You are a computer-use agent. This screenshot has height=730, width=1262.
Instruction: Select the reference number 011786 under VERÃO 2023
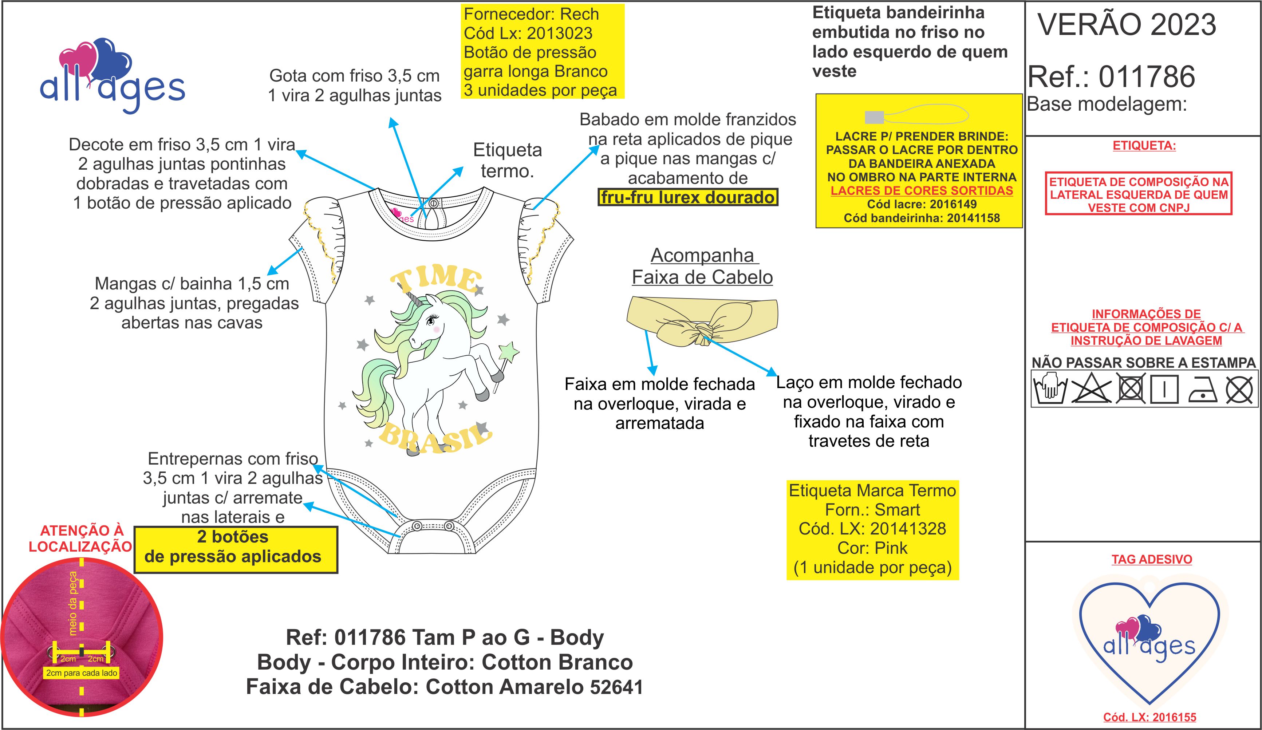pos(1147,76)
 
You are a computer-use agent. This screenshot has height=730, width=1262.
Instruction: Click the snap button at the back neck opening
pos(434,204)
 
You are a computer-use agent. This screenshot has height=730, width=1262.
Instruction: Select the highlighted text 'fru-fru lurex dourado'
pos(687,197)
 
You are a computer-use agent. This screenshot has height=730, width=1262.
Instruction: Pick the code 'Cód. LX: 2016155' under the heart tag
pos(1149,717)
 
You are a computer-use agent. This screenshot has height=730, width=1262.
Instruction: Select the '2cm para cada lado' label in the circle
pos(82,673)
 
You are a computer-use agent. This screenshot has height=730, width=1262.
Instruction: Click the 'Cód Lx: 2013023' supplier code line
pos(528,33)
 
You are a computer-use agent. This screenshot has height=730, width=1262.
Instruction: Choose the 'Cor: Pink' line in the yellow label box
pos(872,548)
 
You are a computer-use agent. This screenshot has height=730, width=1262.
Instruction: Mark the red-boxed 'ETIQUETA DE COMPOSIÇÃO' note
pos(1138,194)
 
